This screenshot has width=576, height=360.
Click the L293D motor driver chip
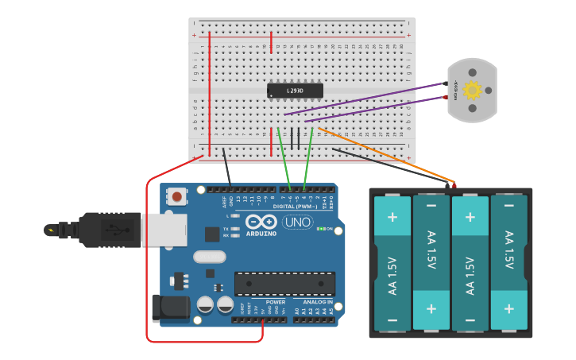coord(295,91)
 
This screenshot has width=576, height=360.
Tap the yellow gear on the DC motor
coord(472,90)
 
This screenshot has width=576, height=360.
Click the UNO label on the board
coord(298,222)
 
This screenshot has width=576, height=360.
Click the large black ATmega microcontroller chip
coord(284,284)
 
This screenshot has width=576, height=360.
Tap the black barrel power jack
coord(170,308)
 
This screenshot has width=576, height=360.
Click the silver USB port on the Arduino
coord(164,230)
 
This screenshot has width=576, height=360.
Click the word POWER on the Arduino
coord(276,302)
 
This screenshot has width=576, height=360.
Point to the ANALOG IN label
coord(318,302)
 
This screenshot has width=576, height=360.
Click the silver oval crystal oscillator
coord(209,257)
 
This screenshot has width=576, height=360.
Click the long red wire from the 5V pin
coord(148,262)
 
